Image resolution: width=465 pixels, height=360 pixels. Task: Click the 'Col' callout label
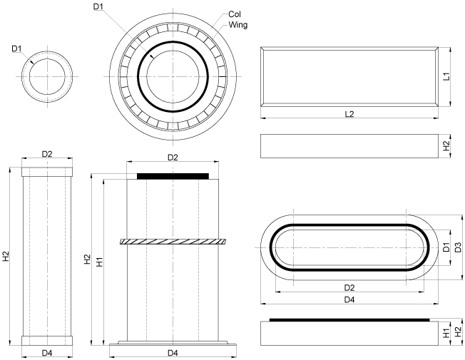(234, 14)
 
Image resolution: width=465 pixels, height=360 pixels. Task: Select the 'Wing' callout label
(237, 25)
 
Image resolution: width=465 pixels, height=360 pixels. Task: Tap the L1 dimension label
(445, 76)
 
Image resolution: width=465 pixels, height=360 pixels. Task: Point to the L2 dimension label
(349, 114)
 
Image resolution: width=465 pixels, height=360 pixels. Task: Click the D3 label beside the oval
(458, 247)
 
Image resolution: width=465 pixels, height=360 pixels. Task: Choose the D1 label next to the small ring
(17, 48)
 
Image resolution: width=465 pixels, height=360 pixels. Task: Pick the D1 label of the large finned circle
(98, 6)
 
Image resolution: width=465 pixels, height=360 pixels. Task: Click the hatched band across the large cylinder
(172, 242)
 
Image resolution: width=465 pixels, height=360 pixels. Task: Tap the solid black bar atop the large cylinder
(172, 175)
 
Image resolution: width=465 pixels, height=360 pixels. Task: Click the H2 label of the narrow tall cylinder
(6, 257)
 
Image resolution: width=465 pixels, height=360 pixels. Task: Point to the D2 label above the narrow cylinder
(47, 154)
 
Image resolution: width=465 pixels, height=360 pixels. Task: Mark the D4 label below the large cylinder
(172, 353)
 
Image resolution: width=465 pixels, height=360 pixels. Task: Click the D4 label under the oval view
(349, 300)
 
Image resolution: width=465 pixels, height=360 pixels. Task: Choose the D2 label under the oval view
(349, 287)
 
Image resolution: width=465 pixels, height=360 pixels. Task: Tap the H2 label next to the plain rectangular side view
(445, 145)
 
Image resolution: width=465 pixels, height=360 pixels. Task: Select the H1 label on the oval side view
(445, 332)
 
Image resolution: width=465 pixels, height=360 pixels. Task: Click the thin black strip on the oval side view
(349, 320)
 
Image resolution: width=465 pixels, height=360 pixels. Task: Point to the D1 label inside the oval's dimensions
(445, 247)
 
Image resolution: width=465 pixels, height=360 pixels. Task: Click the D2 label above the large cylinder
(172, 157)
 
